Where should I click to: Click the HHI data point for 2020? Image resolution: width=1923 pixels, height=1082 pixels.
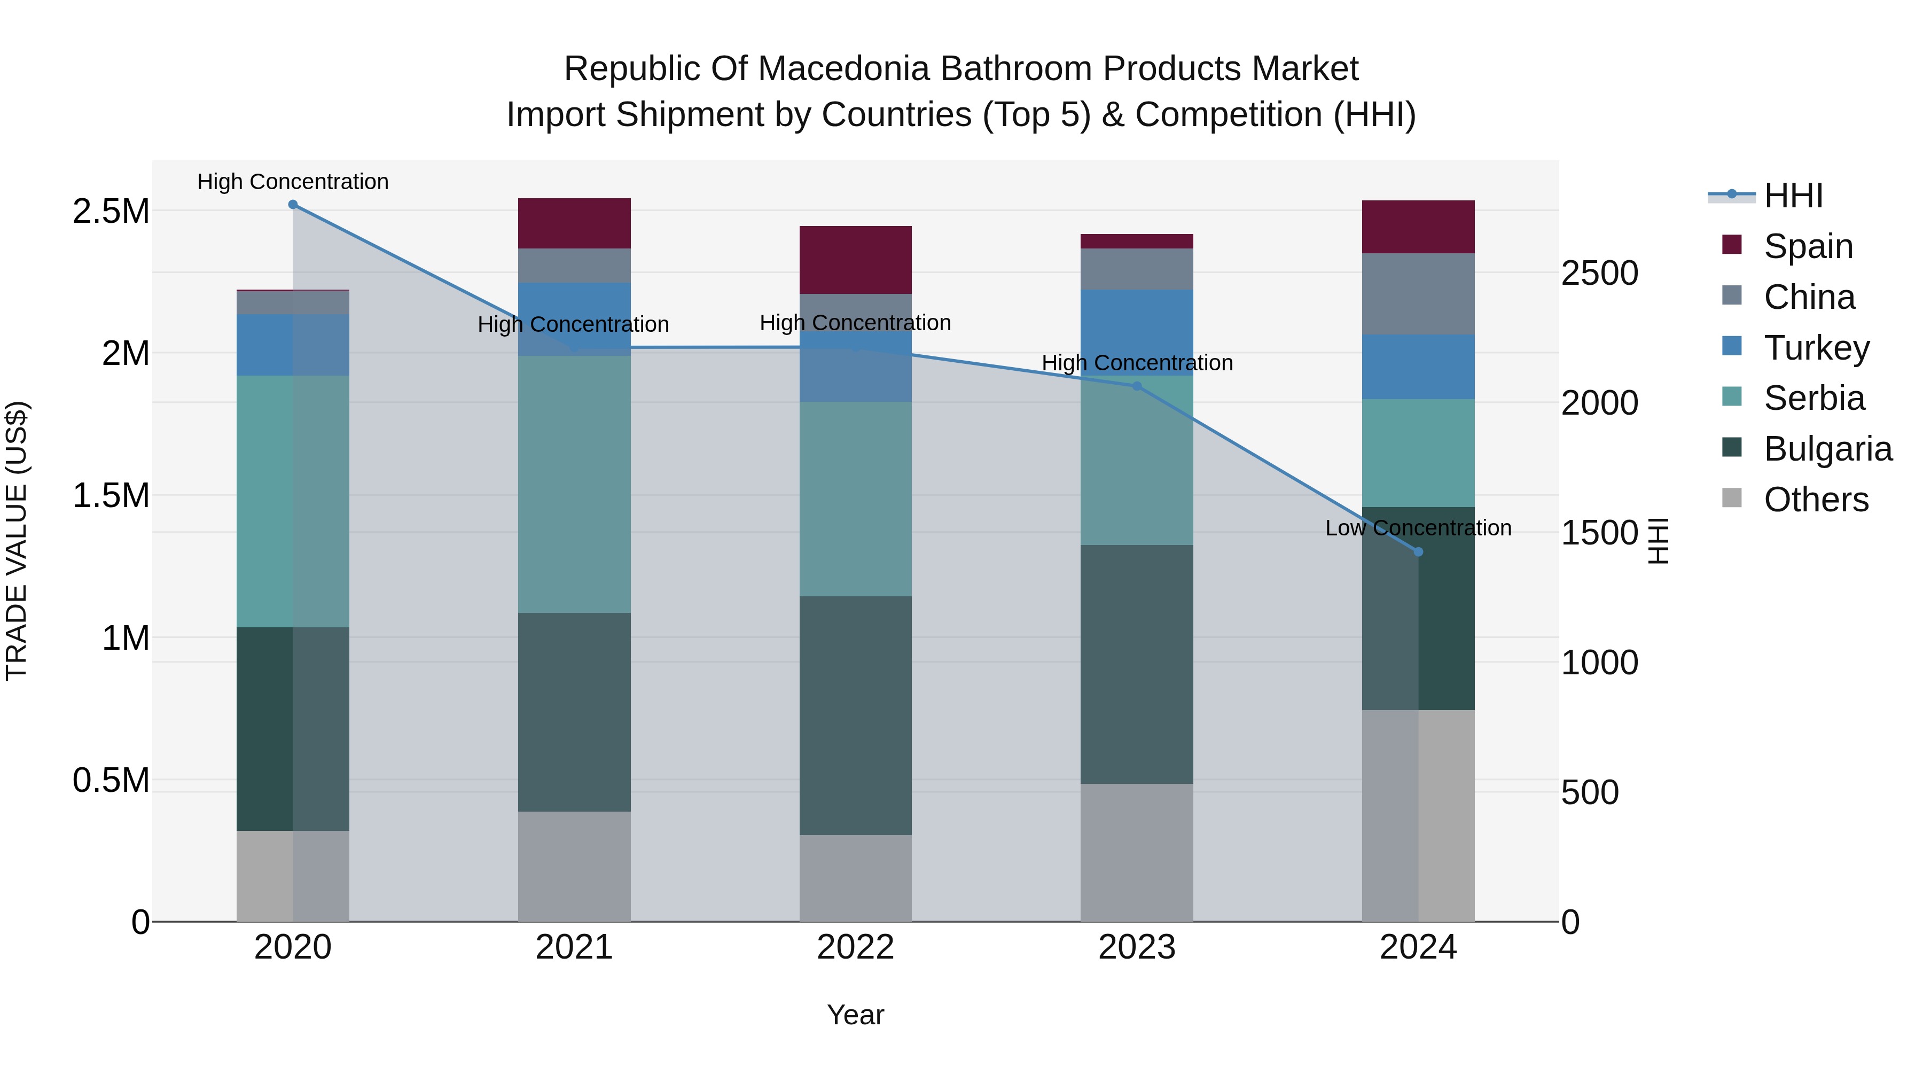[293, 205]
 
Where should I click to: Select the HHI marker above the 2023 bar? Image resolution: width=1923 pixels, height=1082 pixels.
[1137, 386]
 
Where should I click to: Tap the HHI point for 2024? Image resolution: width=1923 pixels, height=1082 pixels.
[1418, 552]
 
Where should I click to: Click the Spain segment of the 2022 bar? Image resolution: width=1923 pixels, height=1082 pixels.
[856, 260]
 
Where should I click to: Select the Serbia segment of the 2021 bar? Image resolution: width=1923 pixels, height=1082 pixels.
[574, 484]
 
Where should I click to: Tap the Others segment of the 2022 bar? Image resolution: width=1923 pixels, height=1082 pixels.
[856, 877]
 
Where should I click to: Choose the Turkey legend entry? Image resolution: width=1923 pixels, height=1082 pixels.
[1816, 348]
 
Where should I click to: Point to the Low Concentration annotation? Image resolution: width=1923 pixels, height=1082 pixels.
[1418, 528]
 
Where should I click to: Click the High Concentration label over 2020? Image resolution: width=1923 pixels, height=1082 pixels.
[293, 182]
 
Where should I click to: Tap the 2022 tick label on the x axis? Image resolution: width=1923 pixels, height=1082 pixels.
[856, 947]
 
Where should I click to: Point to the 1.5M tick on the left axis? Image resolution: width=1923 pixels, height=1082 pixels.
[111, 495]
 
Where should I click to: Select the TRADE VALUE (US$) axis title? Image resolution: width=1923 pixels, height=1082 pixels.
[17, 541]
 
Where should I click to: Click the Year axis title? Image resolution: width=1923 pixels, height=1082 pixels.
[856, 1015]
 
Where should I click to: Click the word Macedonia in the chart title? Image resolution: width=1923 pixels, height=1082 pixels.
[846, 69]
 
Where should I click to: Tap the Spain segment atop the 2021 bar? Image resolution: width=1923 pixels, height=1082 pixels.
[574, 223]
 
